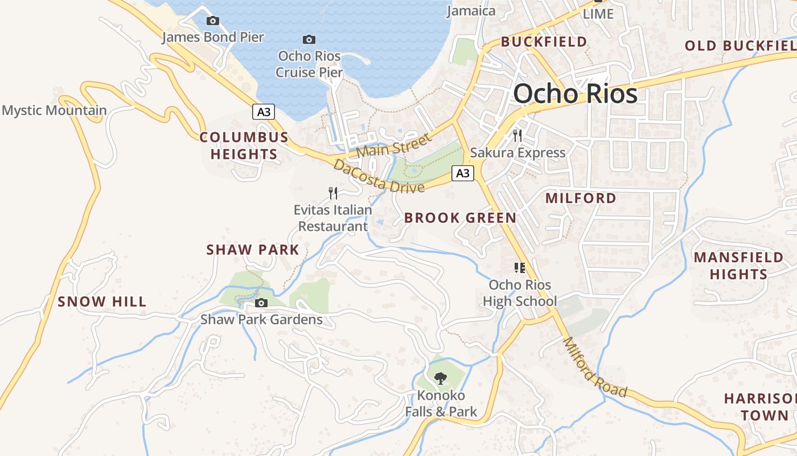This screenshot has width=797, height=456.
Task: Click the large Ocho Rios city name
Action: tap(575, 93)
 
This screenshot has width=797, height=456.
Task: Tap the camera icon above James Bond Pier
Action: tap(212, 21)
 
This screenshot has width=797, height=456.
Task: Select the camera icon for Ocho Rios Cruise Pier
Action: tap(309, 39)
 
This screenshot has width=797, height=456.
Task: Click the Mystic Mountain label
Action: tap(54, 111)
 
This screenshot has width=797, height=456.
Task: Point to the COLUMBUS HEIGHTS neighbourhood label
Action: tap(244, 146)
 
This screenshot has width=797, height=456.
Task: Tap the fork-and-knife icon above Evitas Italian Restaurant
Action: tap(333, 193)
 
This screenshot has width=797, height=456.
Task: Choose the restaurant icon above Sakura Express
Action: tap(517, 135)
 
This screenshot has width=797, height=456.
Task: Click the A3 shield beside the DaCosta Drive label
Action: tap(463, 173)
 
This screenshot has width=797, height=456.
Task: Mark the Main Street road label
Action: tap(394, 145)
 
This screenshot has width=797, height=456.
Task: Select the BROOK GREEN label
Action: tap(460, 218)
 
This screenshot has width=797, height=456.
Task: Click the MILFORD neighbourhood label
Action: tap(581, 198)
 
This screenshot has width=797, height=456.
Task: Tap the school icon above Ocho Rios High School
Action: tap(519, 267)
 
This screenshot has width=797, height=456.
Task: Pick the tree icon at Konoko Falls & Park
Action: tap(440, 377)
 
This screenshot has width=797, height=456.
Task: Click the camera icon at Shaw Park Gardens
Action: tap(261, 303)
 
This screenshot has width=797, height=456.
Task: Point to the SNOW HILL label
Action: tap(102, 302)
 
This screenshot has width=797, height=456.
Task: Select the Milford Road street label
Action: tap(594, 368)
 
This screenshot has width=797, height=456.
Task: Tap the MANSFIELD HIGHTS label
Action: tap(738, 266)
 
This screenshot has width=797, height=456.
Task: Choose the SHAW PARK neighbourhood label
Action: tap(252, 250)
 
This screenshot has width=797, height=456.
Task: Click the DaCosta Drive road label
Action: tap(379, 176)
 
